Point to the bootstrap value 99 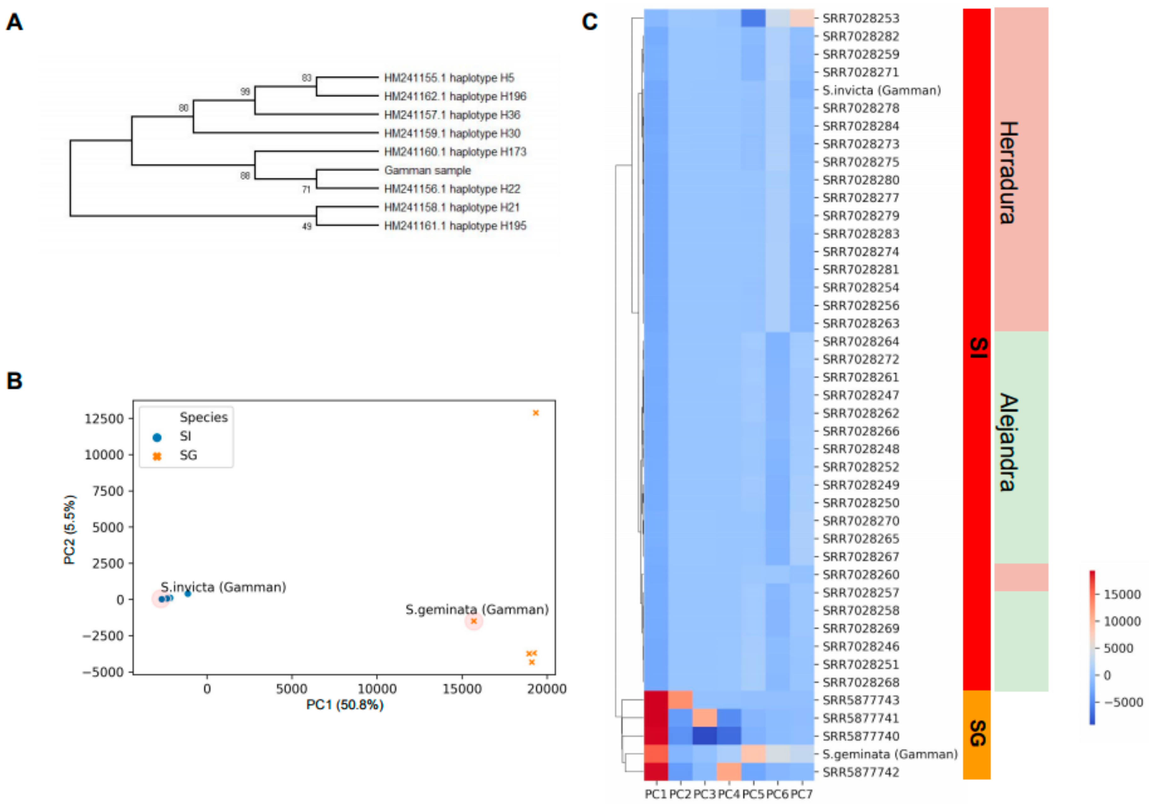(x=245, y=92)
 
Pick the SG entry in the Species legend (x=188, y=455)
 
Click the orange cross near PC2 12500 (x=535, y=413)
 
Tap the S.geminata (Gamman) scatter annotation (x=477, y=609)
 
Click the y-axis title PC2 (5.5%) (x=70, y=530)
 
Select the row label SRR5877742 (x=861, y=772)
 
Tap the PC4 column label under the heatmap (x=729, y=794)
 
